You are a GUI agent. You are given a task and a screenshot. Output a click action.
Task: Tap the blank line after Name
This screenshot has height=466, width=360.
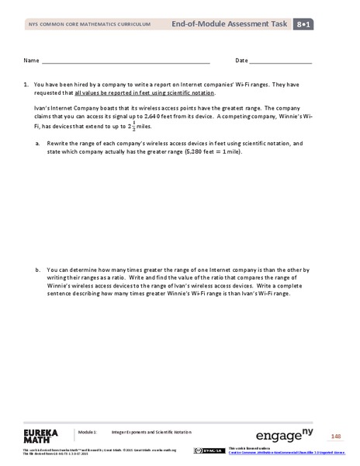tap(125, 61)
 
